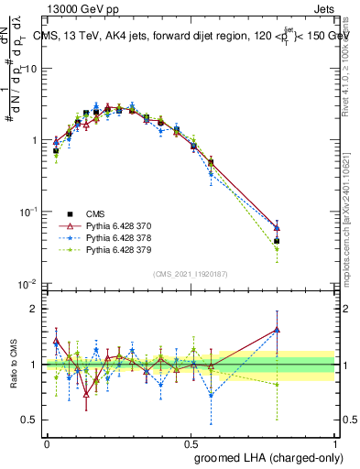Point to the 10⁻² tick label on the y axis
tap(27, 283)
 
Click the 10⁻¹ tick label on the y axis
tap(27, 212)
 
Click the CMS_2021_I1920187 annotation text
tap(191, 273)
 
